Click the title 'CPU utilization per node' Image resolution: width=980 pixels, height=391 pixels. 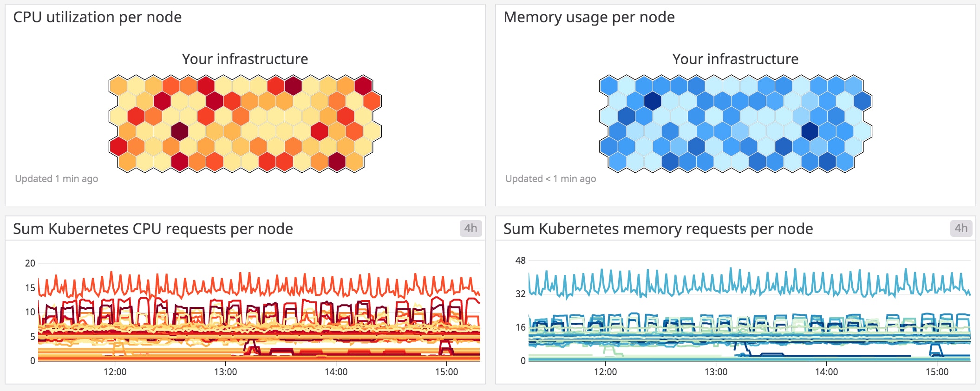point(97,17)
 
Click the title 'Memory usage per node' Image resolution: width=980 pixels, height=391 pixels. point(589,17)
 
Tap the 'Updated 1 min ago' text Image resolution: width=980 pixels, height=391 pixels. point(57,179)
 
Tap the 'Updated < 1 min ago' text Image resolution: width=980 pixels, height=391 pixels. point(550,179)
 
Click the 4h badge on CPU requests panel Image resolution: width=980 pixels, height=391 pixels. point(470,228)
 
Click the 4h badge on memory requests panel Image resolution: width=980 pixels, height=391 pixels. point(961,228)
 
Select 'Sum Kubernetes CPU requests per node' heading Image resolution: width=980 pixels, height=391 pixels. point(153,229)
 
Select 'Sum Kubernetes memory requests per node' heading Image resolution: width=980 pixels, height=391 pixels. point(658,229)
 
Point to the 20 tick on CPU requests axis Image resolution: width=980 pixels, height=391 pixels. point(30,263)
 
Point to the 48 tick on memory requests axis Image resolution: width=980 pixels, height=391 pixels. point(520,261)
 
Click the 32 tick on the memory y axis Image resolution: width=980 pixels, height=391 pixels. point(520,294)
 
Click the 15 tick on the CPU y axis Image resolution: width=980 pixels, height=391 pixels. point(30,288)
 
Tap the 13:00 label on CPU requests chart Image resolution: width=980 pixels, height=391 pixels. point(225,372)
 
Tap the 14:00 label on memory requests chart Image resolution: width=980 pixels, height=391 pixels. point(826,372)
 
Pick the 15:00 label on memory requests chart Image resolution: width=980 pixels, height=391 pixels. point(937,372)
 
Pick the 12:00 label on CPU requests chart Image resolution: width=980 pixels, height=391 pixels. point(115,372)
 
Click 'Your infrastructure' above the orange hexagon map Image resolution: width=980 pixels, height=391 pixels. point(245,59)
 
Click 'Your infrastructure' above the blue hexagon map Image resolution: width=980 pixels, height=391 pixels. point(735,59)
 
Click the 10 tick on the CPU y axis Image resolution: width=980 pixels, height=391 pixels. point(30,312)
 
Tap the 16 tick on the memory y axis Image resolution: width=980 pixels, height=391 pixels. point(520,327)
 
